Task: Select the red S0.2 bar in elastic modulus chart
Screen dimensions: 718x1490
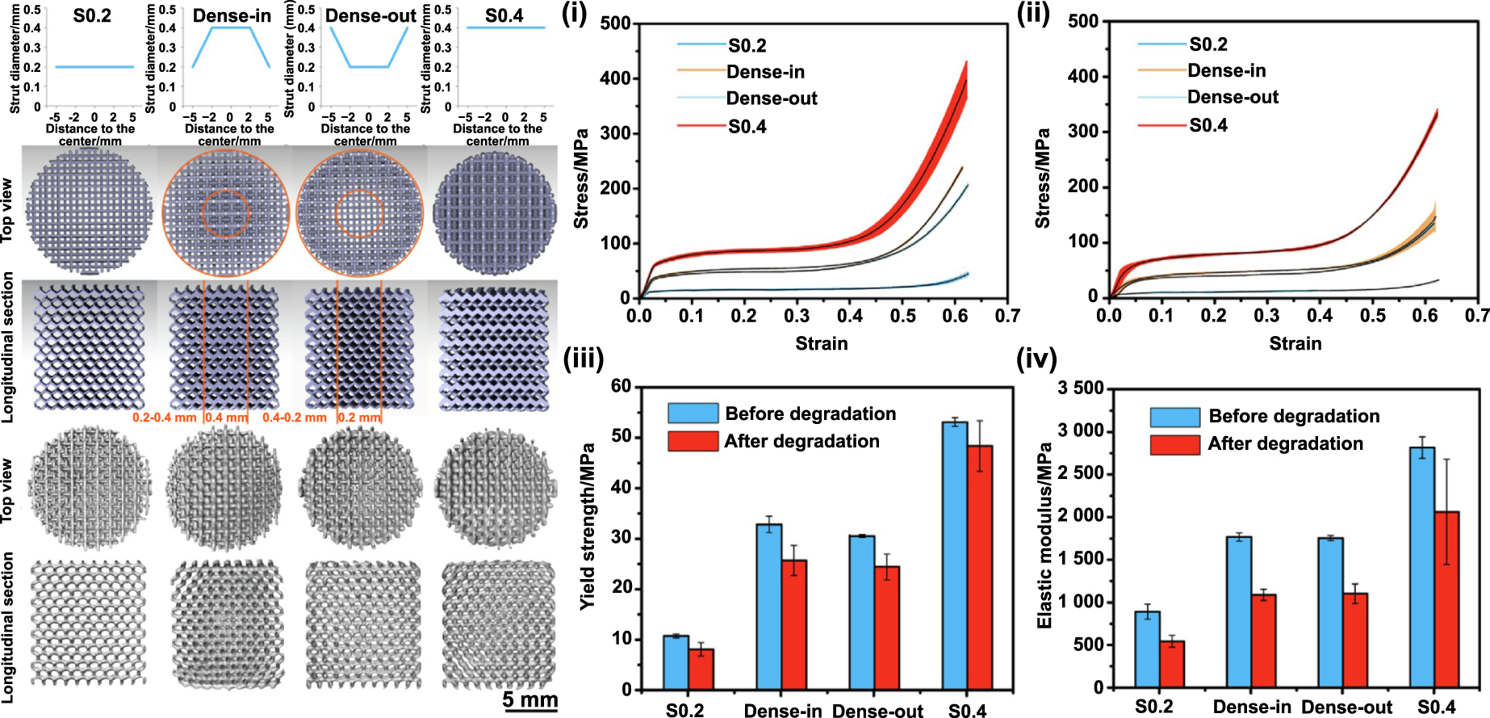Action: [x=1171, y=664]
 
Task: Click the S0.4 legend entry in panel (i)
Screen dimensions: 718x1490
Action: [x=747, y=127]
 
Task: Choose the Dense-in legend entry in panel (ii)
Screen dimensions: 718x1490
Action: [x=1226, y=71]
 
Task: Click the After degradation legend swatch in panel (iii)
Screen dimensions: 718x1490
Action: [x=693, y=441]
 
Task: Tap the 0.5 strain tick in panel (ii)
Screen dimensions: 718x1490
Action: [x=1372, y=315]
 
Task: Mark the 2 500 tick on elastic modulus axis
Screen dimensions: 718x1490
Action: [x=1081, y=473]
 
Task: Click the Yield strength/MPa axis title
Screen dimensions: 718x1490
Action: [x=588, y=526]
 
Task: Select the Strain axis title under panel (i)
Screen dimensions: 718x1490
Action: [x=821, y=343]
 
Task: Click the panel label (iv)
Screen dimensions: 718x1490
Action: [x=1036, y=358]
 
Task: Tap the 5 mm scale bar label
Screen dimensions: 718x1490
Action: [x=529, y=699]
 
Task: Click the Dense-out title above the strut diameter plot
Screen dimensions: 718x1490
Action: [x=370, y=15]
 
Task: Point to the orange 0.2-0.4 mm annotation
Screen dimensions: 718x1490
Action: [x=165, y=418]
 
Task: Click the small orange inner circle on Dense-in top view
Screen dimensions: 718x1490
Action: [x=225, y=214]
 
